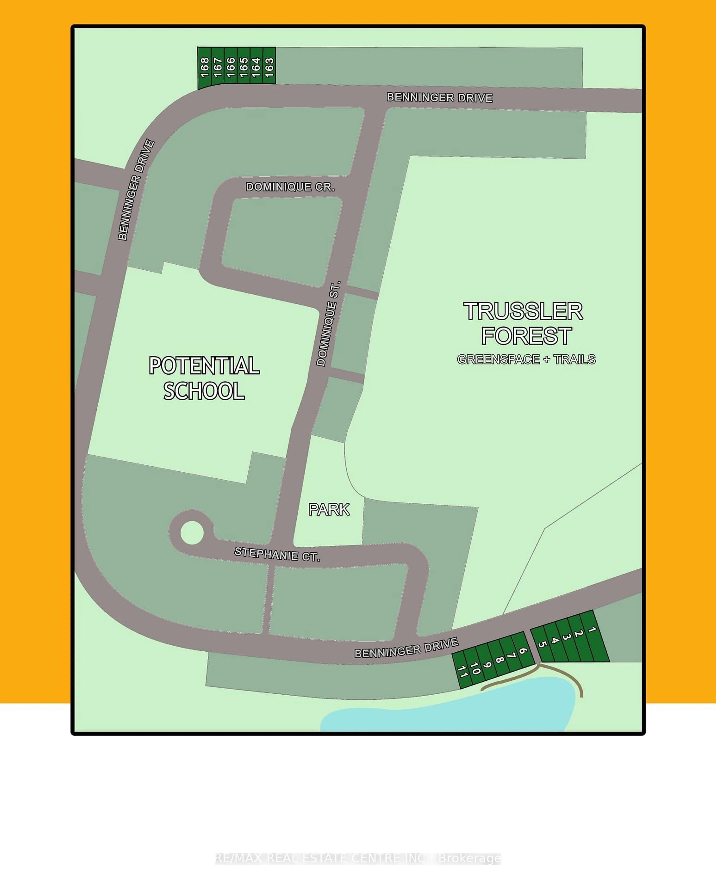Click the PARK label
329,510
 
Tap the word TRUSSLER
523,312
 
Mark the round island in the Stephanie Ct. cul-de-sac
192,533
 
